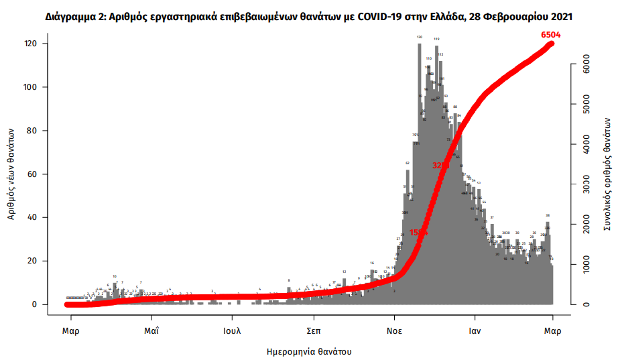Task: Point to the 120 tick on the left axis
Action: [x=40, y=44]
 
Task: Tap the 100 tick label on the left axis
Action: [x=40, y=87]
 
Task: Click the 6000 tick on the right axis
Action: [x=585, y=65]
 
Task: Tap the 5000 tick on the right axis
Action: [x=585, y=105]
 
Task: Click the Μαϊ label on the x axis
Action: [x=152, y=331]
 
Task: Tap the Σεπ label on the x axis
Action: [x=312, y=331]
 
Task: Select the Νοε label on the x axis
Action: [x=393, y=331]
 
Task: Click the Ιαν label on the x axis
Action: [x=475, y=331]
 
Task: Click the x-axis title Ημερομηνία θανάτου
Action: [x=309, y=351]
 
